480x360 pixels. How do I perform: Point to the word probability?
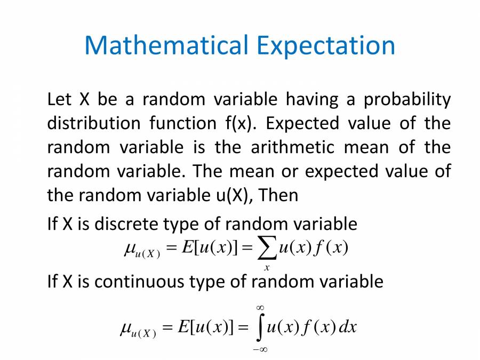[407, 100]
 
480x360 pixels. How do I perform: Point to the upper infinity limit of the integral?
[260, 308]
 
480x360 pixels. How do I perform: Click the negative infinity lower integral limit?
[260, 349]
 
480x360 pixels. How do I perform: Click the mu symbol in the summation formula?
[129, 249]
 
